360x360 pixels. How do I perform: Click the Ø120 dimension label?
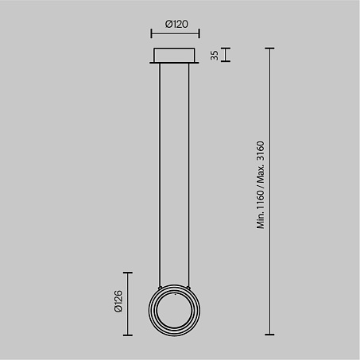click(176, 24)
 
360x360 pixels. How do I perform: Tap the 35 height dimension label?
click(215, 55)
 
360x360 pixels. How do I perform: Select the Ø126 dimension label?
click(118, 301)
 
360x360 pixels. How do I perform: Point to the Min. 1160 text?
click(261, 208)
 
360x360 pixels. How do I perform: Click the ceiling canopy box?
click(174, 56)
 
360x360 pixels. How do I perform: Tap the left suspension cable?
click(160, 175)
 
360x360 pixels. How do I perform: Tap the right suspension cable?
click(188, 175)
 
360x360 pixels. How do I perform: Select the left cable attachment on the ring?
click(160, 288)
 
